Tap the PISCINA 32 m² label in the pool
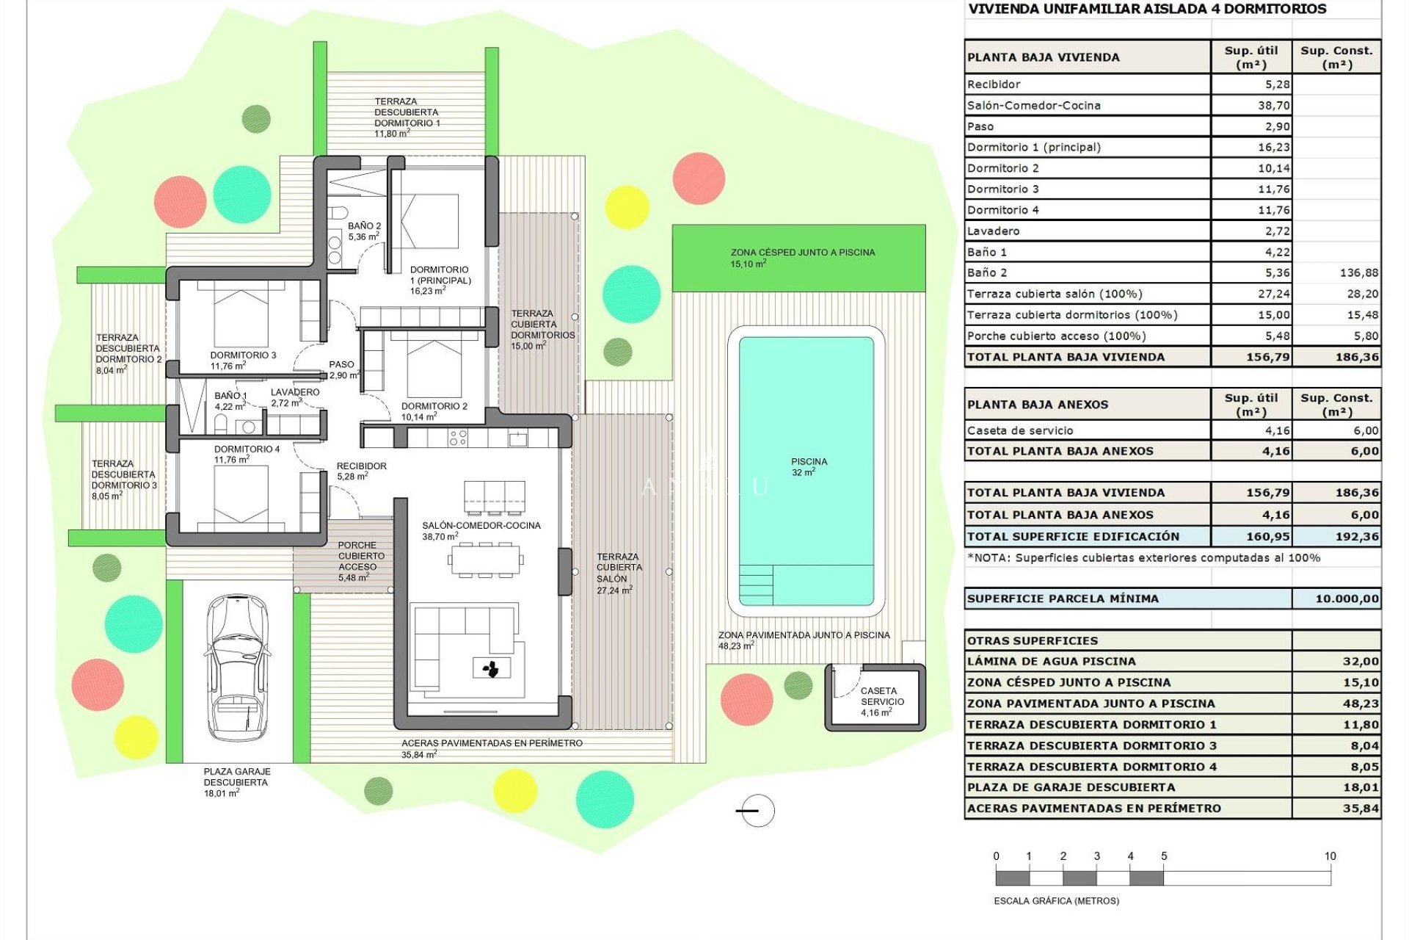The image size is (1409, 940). pos(809,467)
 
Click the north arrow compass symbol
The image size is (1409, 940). pos(756,811)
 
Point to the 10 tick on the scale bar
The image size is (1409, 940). pos(1330,856)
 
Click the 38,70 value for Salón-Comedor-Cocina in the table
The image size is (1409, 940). pos(1273,106)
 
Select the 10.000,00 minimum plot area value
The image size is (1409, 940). pos(1347,599)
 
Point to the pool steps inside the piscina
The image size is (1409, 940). pos(756,585)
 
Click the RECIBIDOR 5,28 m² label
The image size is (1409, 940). pos(360,471)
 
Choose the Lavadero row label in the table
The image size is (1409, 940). pos(993,231)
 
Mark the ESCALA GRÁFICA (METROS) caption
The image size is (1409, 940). pos(1056,901)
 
